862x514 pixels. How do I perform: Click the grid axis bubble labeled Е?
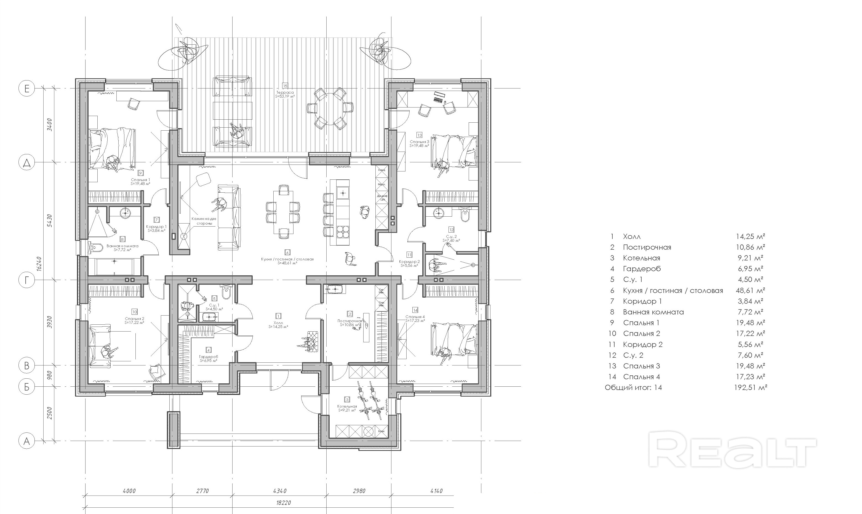[27, 89]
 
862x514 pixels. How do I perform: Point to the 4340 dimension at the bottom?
[280, 491]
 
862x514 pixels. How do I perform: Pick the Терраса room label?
[285, 93]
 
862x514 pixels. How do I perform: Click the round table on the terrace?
[330, 108]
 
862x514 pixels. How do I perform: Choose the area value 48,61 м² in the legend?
[750, 290]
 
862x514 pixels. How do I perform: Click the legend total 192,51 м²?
[750, 387]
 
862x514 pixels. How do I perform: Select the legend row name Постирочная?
[647, 247]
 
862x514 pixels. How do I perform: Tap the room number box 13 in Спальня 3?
[419, 135]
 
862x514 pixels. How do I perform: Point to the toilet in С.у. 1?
[226, 292]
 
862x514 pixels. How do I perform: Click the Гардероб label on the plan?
[208, 357]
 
